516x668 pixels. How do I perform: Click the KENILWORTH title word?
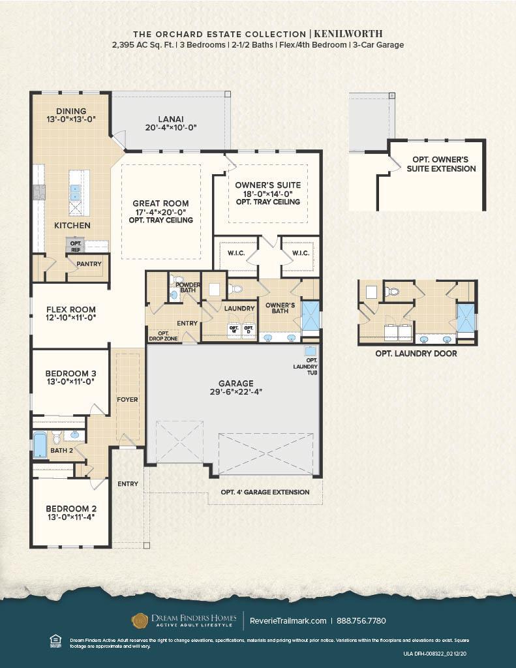(x=348, y=33)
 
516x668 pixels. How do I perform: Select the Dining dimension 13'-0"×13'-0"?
(x=70, y=119)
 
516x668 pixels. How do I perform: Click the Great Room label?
(x=160, y=204)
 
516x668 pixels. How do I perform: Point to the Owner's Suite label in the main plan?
(x=264, y=185)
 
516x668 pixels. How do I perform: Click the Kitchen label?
(x=72, y=226)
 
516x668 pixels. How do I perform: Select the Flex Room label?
(x=70, y=309)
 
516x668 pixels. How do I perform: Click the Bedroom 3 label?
(x=70, y=374)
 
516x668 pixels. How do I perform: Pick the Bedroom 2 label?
(x=70, y=508)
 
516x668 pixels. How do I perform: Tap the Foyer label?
(x=127, y=399)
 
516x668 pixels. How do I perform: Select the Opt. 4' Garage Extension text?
(x=265, y=492)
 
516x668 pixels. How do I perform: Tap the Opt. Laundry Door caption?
(x=416, y=354)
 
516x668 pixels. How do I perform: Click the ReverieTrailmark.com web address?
(x=288, y=620)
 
